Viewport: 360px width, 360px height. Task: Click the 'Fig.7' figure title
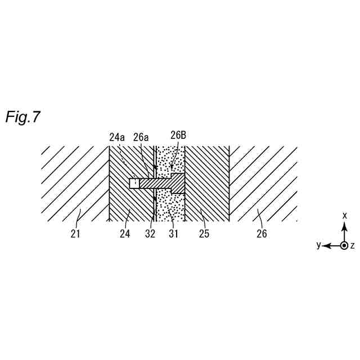[23, 117]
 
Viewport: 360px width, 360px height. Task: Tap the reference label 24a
[118, 136]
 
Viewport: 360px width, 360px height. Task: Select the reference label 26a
[141, 136]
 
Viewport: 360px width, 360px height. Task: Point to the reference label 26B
[178, 135]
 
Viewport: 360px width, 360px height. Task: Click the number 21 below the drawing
[75, 233]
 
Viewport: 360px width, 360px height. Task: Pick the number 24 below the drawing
[125, 233]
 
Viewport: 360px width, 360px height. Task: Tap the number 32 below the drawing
[149, 233]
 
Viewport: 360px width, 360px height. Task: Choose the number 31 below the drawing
[173, 233]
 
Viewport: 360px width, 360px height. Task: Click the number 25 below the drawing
[204, 233]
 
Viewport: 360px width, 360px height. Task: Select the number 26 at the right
[261, 233]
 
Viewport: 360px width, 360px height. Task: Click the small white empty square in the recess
[134, 183]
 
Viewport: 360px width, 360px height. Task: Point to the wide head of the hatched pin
[178, 183]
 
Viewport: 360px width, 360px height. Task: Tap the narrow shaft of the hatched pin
[155, 183]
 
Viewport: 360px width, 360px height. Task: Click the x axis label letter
[344, 215]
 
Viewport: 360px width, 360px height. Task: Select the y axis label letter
[318, 245]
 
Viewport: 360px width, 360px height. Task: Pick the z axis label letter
[353, 246]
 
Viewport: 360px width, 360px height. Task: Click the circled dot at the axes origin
[344, 246]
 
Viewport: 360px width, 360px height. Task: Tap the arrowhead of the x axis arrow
[344, 224]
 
